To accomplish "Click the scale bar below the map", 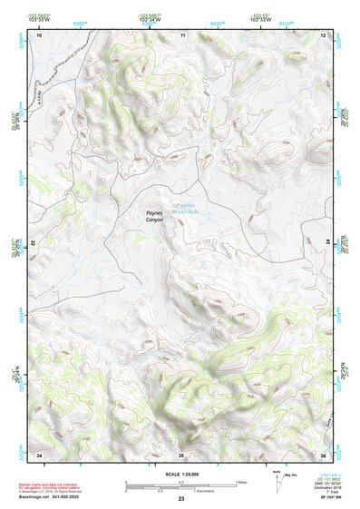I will click(x=180, y=485).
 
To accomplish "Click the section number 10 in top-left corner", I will click(x=39, y=34).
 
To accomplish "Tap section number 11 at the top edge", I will click(x=182, y=34).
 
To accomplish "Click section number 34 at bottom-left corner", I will click(x=39, y=453).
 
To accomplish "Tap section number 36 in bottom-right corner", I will click(x=323, y=453).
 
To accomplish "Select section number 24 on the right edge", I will click(x=327, y=244).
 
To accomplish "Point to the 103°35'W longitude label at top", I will click(x=38, y=18).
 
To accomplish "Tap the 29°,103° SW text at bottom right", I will click(x=321, y=499).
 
